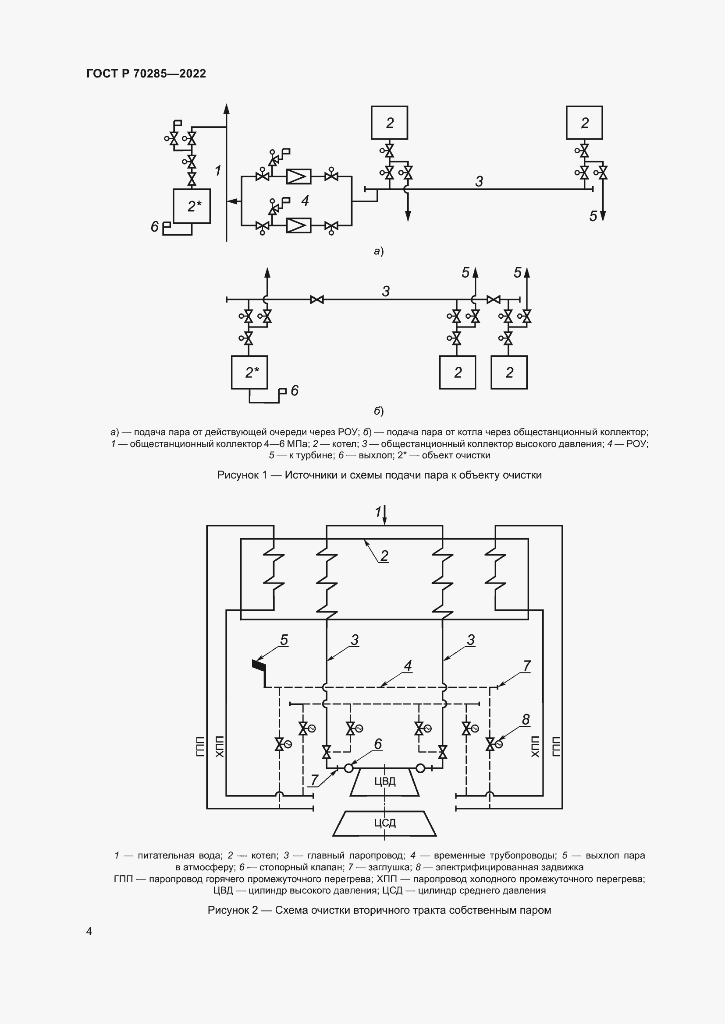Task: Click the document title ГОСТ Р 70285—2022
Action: pyautogui.click(x=146, y=74)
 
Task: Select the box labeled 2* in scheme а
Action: pyautogui.click(x=192, y=206)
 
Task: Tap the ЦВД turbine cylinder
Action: pyautogui.click(x=384, y=781)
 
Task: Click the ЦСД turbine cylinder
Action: pyautogui.click(x=384, y=823)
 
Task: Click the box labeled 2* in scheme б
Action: pyautogui.click(x=249, y=373)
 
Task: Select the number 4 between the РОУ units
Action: pyautogui.click(x=305, y=201)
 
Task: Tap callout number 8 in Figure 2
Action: pyautogui.click(x=526, y=719)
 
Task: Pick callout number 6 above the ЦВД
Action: pyautogui.click(x=378, y=744)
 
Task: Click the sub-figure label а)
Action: pyautogui.click(x=379, y=252)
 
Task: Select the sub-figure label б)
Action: pyautogui.click(x=379, y=411)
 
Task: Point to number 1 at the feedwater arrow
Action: pyautogui.click(x=378, y=512)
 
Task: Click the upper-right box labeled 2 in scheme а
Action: pyautogui.click(x=584, y=123)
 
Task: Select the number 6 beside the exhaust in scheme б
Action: pyautogui.click(x=295, y=391)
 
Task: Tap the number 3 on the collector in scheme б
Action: pyautogui.click(x=386, y=291)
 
